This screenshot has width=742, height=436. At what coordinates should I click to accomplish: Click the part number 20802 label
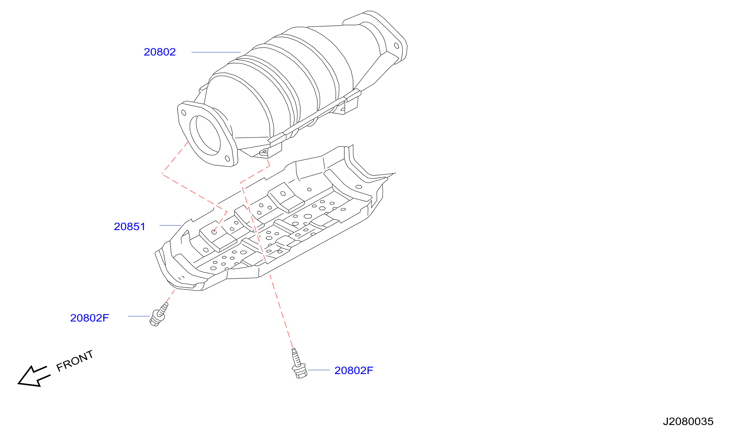tap(160, 52)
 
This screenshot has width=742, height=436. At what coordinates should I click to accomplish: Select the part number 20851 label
tap(130, 227)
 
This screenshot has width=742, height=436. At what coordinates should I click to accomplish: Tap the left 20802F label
tap(89, 318)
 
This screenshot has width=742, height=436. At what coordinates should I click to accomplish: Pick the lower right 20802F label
tap(354, 370)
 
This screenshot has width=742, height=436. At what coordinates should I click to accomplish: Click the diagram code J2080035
tap(688, 422)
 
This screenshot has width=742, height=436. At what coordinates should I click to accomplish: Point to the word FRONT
tap(75, 361)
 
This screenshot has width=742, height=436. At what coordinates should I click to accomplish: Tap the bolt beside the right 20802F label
tap(299, 364)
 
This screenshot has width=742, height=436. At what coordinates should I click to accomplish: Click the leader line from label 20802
tap(216, 52)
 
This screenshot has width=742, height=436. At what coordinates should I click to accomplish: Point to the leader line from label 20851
tap(170, 225)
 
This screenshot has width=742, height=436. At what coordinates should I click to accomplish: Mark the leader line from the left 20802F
tap(139, 316)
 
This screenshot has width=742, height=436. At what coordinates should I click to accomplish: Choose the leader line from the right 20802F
tap(319, 370)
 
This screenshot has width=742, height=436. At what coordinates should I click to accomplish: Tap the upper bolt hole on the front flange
tap(184, 113)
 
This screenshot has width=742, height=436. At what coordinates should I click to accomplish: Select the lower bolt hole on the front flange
tap(227, 159)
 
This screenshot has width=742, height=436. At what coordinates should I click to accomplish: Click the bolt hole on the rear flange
tap(397, 46)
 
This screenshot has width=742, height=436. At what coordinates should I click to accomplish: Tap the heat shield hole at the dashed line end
tap(214, 232)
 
